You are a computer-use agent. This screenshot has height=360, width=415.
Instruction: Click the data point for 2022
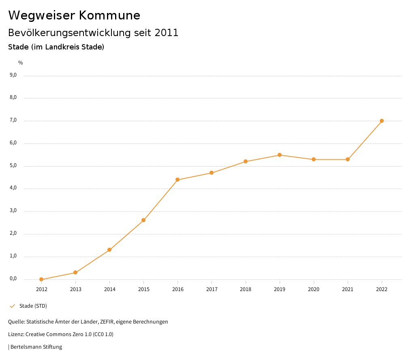click(382, 121)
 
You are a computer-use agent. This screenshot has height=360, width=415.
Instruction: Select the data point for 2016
click(178, 180)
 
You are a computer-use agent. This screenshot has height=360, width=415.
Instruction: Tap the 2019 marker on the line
click(280, 155)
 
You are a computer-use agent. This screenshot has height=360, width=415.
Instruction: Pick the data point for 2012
click(41, 279)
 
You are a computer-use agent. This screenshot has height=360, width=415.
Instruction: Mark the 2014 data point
click(109, 250)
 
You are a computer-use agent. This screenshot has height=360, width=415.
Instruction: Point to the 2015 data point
click(143, 220)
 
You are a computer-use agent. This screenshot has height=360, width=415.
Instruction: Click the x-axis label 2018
click(246, 289)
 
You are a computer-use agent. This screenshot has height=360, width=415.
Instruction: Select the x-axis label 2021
click(348, 289)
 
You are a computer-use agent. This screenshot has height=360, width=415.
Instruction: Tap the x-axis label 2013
click(75, 289)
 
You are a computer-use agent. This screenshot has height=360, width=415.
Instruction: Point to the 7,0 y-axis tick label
click(13, 120)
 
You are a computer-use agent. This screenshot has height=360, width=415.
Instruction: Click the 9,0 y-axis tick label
click(13, 75)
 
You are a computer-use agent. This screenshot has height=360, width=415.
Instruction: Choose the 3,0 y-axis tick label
click(13, 211)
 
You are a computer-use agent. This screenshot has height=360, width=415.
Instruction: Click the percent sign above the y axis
click(21, 63)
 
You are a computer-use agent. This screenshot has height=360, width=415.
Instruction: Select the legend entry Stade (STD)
click(33, 306)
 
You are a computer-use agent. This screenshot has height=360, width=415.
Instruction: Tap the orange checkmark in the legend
click(12, 306)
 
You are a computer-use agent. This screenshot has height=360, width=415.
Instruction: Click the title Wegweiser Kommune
click(74, 15)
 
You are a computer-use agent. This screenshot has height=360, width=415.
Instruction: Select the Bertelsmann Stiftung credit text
click(36, 347)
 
